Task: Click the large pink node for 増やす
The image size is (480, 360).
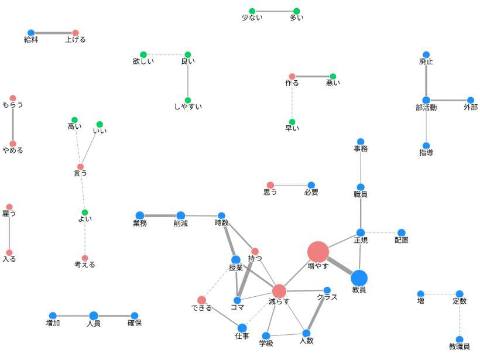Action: pyautogui.click(x=318, y=252)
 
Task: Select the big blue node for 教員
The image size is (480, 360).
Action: pyautogui.click(x=359, y=278)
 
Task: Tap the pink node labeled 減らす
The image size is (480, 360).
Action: pyautogui.click(x=279, y=291)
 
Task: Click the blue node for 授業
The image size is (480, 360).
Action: pyautogui.click(x=235, y=259)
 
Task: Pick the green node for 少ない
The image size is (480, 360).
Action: pyautogui.click(x=252, y=11)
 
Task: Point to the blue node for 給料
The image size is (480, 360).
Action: pyautogui.click(x=31, y=33)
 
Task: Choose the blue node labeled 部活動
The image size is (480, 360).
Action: pyautogui.click(x=426, y=100)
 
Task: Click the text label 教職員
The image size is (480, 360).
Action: pyautogui.click(x=460, y=347)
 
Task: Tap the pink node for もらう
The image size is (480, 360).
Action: pyautogui.click(x=13, y=98)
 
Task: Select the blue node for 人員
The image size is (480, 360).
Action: pyautogui.click(x=94, y=316)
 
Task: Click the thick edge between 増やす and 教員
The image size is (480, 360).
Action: pyautogui.click(x=339, y=265)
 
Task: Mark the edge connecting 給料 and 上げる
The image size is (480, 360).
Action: pyautogui.click(x=53, y=33)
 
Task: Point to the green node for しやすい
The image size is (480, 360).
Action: pyautogui.click(x=188, y=100)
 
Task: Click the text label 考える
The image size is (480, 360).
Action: pyautogui.click(x=85, y=265)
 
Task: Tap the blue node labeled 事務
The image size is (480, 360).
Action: pyautogui.click(x=361, y=142)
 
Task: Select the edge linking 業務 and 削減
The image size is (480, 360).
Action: pyautogui.click(x=160, y=215)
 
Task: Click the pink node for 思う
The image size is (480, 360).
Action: pyautogui.click(x=270, y=185)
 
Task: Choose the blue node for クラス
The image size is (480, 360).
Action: pyautogui.click(x=327, y=290)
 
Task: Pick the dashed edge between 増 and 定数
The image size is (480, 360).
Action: pyautogui.click(x=440, y=294)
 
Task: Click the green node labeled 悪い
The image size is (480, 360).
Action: pyautogui.click(x=333, y=76)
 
